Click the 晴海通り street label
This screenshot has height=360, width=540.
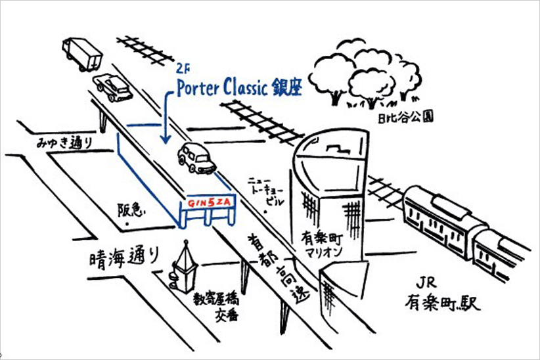(x=124, y=258)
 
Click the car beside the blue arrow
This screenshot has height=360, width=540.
(x=196, y=158)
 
